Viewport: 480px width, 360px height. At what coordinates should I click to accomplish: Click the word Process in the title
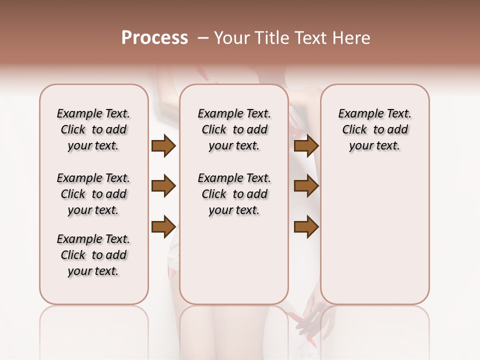coord(154,38)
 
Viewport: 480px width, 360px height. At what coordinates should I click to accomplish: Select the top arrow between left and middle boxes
coord(163,146)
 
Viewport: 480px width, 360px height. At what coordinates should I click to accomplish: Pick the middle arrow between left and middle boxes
coord(163,186)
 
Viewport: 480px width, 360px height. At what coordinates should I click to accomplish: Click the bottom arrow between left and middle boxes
coord(163,226)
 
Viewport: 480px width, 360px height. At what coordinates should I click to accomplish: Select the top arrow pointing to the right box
coord(306,146)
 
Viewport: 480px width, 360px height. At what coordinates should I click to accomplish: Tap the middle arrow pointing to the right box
coord(306,186)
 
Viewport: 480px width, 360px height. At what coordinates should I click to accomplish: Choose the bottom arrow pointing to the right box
coord(306,226)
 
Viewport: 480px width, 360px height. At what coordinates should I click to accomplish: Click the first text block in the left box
coord(93,129)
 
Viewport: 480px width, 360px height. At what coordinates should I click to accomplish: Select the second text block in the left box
coord(93,194)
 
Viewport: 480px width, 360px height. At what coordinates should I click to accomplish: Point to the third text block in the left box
coord(93,255)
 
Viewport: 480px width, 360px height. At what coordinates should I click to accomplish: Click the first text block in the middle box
coord(234,129)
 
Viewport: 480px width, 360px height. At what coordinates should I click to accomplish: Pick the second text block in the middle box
coord(234,194)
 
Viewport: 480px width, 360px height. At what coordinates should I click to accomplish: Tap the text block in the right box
coord(375,129)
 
